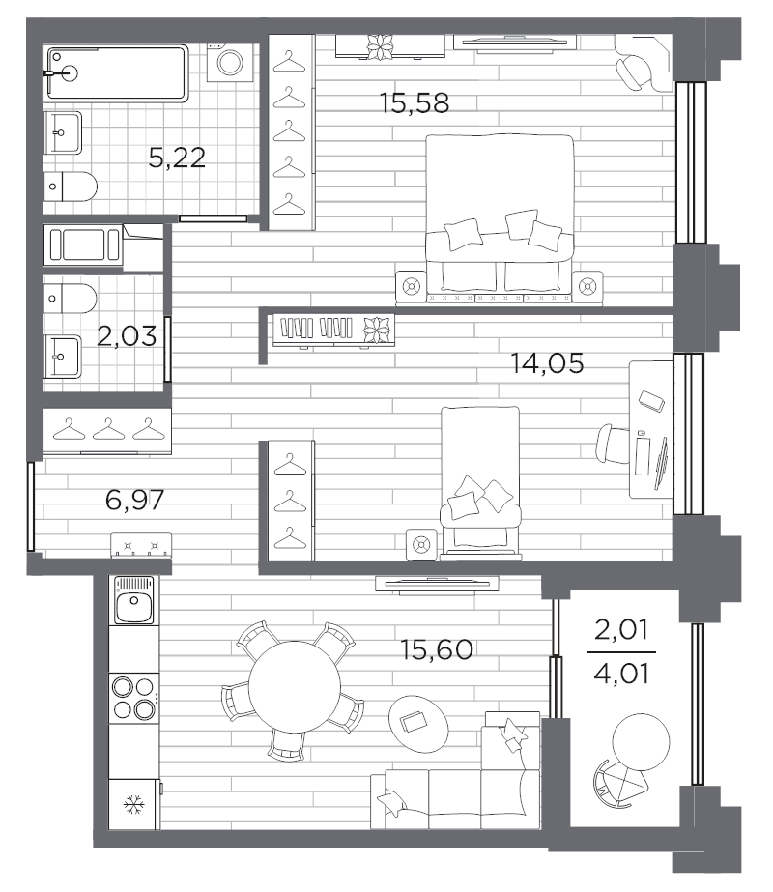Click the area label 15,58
click(x=415, y=103)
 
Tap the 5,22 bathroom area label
click(x=177, y=158)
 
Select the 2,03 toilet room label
click(x=127, y=336)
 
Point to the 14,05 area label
click(x=547, y=363)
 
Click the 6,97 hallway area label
click(x=135, y=500)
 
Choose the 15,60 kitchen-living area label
click(x=437, y=649)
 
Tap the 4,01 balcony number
click(x=621, y=675)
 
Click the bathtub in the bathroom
click(x=117, y=73)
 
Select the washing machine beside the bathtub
click(x=230, y=61)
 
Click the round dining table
click(x=294, y=686)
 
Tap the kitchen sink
click(x=134, y=601)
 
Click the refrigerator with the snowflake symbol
click(x=134, y=805)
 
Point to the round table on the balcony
click(x=641, y=742)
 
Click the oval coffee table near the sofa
click(x=418, y=723)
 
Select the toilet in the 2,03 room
click(x=71, y=298)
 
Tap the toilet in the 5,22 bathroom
click(x=71, y=187)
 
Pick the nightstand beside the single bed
click(x=421, y=545)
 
